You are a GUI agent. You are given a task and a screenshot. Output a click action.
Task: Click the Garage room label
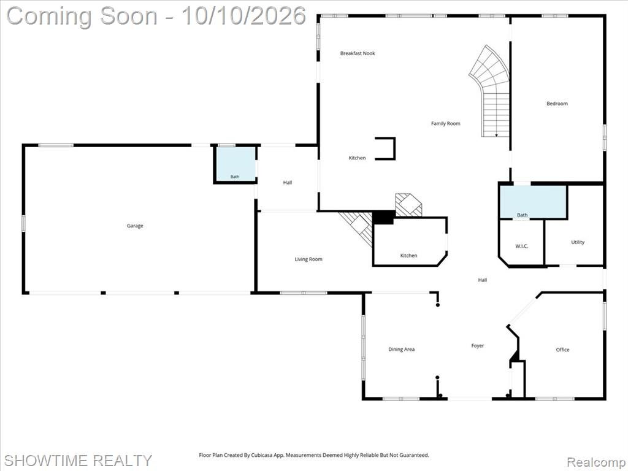pos(135,226)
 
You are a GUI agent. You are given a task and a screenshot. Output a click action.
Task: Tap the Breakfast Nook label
pos(358,53)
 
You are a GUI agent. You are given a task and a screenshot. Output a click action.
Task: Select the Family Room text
pos(446,124)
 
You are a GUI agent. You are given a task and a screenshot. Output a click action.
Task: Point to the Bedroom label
pos(557,104)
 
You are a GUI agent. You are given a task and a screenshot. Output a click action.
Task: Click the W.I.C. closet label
pos(521,247)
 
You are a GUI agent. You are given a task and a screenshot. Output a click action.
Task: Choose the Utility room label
pos(578,242)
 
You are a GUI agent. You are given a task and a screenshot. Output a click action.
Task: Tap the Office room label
pos(563,350)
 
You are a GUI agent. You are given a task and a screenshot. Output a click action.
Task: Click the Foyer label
pos(477,346)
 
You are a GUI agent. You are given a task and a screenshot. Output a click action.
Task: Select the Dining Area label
pos(401,350)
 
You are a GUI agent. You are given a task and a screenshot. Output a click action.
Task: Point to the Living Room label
pos(308,259)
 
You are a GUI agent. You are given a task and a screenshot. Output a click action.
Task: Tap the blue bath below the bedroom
pos(534,202)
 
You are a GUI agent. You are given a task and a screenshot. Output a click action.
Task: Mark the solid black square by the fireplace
pos(383,217)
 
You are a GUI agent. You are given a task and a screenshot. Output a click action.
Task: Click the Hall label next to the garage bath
pos(288,183)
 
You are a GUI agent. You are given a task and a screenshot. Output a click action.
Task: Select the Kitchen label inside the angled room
pos(408,256)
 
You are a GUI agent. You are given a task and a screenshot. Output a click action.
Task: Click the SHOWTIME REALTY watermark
pos(78,460)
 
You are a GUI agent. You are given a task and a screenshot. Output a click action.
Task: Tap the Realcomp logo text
pos(595,462)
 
